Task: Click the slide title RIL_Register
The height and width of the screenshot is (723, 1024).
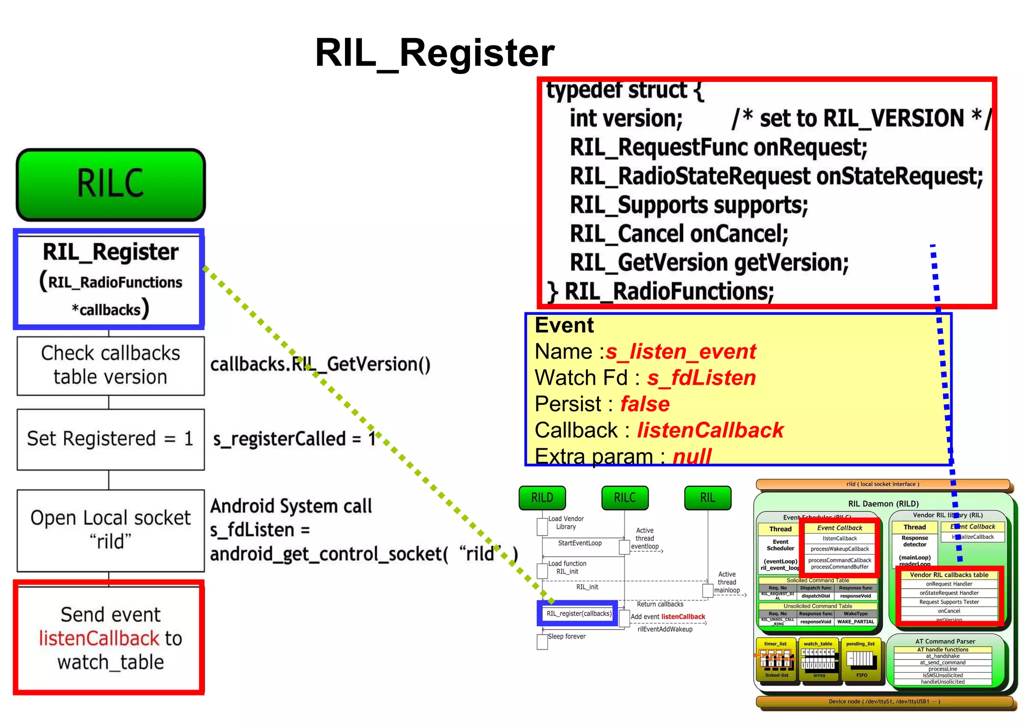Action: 434,53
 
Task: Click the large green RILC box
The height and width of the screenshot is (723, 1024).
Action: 110,184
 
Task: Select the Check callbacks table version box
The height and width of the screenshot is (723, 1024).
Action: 110,365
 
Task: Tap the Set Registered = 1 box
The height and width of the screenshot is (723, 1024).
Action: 110,439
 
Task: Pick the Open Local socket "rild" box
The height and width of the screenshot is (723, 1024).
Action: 110,530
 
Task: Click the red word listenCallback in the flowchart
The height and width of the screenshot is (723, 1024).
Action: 99,638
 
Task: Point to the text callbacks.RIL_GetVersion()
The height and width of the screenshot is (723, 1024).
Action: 320,364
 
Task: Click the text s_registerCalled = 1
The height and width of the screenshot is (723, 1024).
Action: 294,439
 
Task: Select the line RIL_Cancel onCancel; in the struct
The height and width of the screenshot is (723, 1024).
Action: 678,234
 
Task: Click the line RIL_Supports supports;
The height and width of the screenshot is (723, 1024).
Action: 688,205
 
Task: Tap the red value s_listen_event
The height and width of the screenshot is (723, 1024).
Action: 680,351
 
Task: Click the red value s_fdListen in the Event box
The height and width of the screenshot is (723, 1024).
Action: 701,378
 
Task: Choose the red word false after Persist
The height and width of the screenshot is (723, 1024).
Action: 644,404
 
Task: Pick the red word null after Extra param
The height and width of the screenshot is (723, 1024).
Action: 691,456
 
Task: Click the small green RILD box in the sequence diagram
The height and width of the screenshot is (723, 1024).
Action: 542,498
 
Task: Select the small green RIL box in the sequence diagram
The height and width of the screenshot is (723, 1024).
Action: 707,498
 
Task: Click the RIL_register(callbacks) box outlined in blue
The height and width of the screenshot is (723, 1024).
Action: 578,613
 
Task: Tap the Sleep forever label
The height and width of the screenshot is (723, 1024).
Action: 566,636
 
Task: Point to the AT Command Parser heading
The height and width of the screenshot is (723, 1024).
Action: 944,641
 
